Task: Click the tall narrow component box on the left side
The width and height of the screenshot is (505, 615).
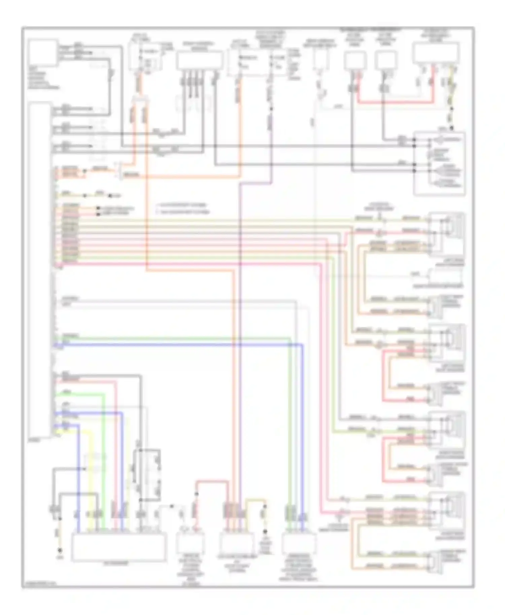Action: pos(40,269)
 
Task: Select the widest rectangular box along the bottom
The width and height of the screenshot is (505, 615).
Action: pos(119,547)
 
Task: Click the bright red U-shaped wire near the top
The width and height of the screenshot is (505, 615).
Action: pos(394,102)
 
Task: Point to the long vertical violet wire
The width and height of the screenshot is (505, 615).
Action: pos(240,336)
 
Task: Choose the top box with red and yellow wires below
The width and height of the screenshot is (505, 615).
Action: pos(436,52)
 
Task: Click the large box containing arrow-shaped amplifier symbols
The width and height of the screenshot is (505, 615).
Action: pos(439,163)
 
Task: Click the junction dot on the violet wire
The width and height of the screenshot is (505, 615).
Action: pos(271,109)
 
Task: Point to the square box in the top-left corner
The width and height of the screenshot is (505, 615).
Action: pos(43,53)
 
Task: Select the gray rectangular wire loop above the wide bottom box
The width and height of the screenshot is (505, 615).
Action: pos(147,474)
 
